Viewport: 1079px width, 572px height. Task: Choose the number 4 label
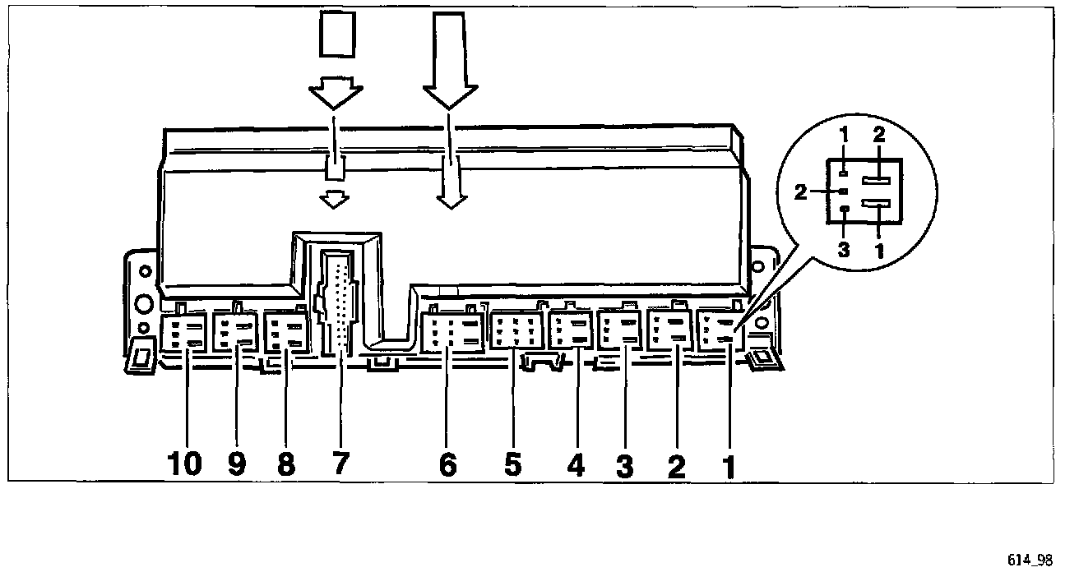576,465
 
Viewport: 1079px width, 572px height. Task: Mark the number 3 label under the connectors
625,466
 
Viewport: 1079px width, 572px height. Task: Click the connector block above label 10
183,334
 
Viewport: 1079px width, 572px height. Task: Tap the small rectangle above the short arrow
338,35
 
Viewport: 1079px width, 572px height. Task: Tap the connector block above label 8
285,331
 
